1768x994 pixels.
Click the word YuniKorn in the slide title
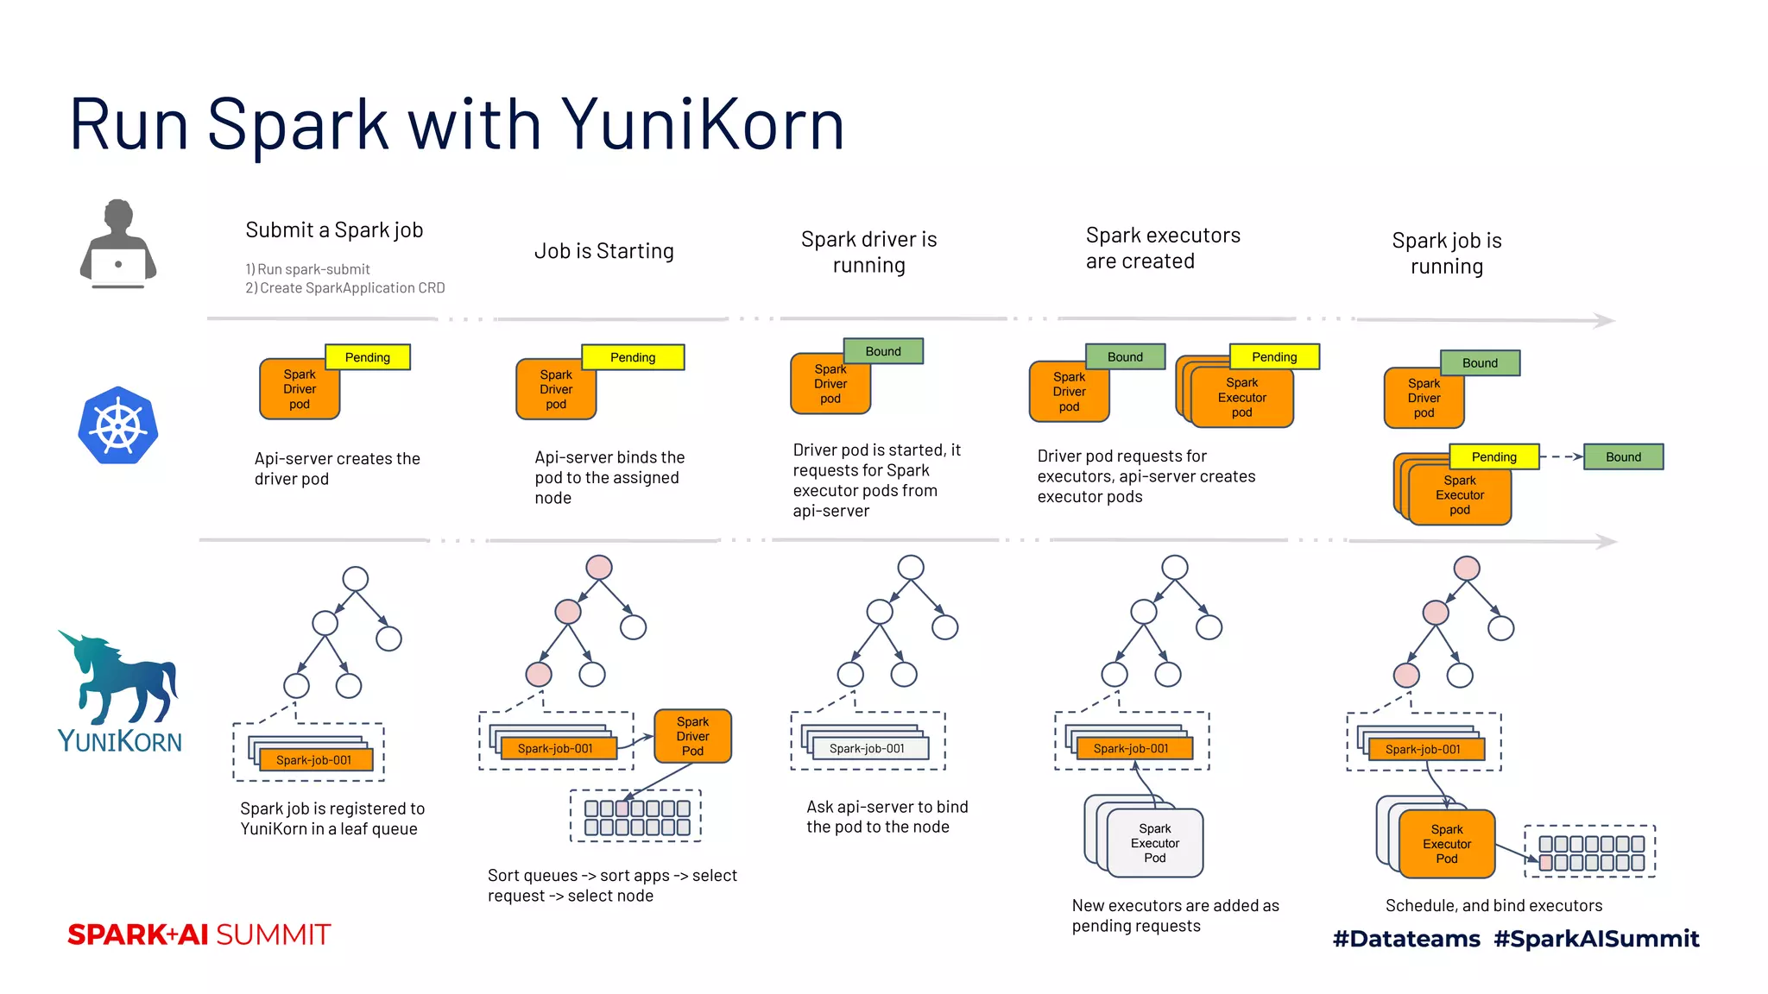pyautogui.click(x=702, y=125)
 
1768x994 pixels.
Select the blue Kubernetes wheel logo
pyautogui.click(x=118, y=425)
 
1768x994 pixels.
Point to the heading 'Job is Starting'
pyautogui.click(x=603, y=251)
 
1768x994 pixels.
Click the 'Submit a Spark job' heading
pyautogui.click(x=334, y=230)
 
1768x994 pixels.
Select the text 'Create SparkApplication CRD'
pyautogui.click(x=351, y=288)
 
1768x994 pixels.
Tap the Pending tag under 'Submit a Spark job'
pyautogui.click(x=368, y=357)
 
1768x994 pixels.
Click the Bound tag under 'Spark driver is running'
pyautogui.click(x=883, y=351)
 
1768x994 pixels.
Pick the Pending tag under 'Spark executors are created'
pyautogui.click(x=1274, y=357)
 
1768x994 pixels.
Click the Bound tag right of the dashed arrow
pyautogui.click(x=1623, y=457)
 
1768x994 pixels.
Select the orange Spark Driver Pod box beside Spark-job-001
pyautogui.click(x=692, y=736)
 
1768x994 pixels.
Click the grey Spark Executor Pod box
pyautogui.click(x=1155, y=843)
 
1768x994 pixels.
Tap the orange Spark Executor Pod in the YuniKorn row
pyautogui.click(x=1447, y=844)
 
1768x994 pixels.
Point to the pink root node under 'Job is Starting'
pyautogui.click(x=599, y=567)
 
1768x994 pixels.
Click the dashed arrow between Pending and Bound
pyautogui.click(x=1561, y=457)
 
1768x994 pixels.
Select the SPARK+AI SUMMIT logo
pyautogui.click(x=199, y=934)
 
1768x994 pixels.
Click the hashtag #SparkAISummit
pyautogui.click(x=1596, y=939)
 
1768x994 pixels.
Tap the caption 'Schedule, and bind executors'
pyautogui.click(x=1493, y=905)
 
